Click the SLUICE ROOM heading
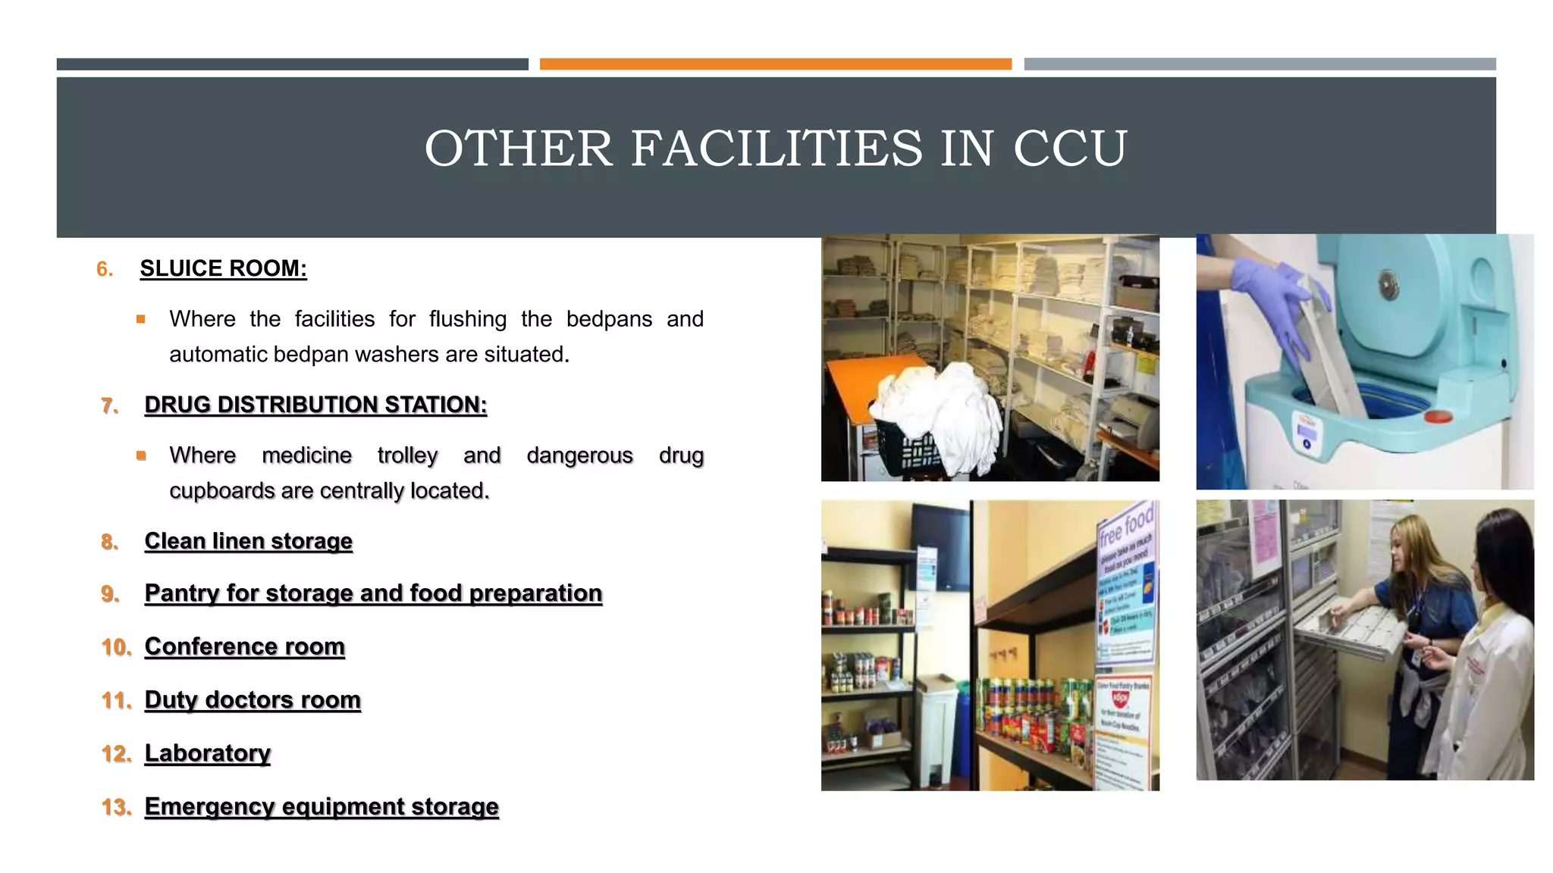223,268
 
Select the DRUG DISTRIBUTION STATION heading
315,405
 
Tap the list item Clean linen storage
248,541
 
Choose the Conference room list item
244,646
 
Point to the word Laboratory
207,753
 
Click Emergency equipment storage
322,806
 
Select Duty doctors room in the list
253,699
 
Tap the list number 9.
111,594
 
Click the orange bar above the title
775,64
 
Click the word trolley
407,455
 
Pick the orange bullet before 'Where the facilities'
141,320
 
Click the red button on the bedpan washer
1438,417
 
